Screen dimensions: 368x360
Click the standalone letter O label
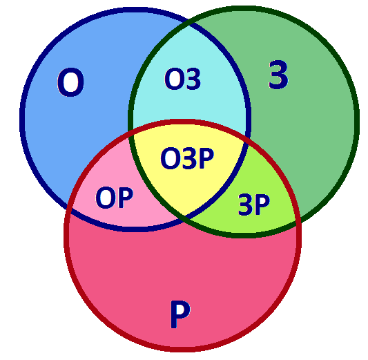tap(70, 82)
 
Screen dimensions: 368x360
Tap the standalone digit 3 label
tap(278, 75)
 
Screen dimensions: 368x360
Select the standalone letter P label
tap(180, 314)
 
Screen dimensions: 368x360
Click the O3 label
tap(182, 79)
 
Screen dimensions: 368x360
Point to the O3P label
tap(187, 158)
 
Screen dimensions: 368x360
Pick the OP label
tap(115, 198)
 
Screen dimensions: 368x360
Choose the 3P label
tap(254, 205)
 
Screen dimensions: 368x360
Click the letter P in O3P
tap(206, 158)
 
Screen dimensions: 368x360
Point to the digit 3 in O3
tap(193, 79)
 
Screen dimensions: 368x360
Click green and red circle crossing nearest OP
tap(130, 135)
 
